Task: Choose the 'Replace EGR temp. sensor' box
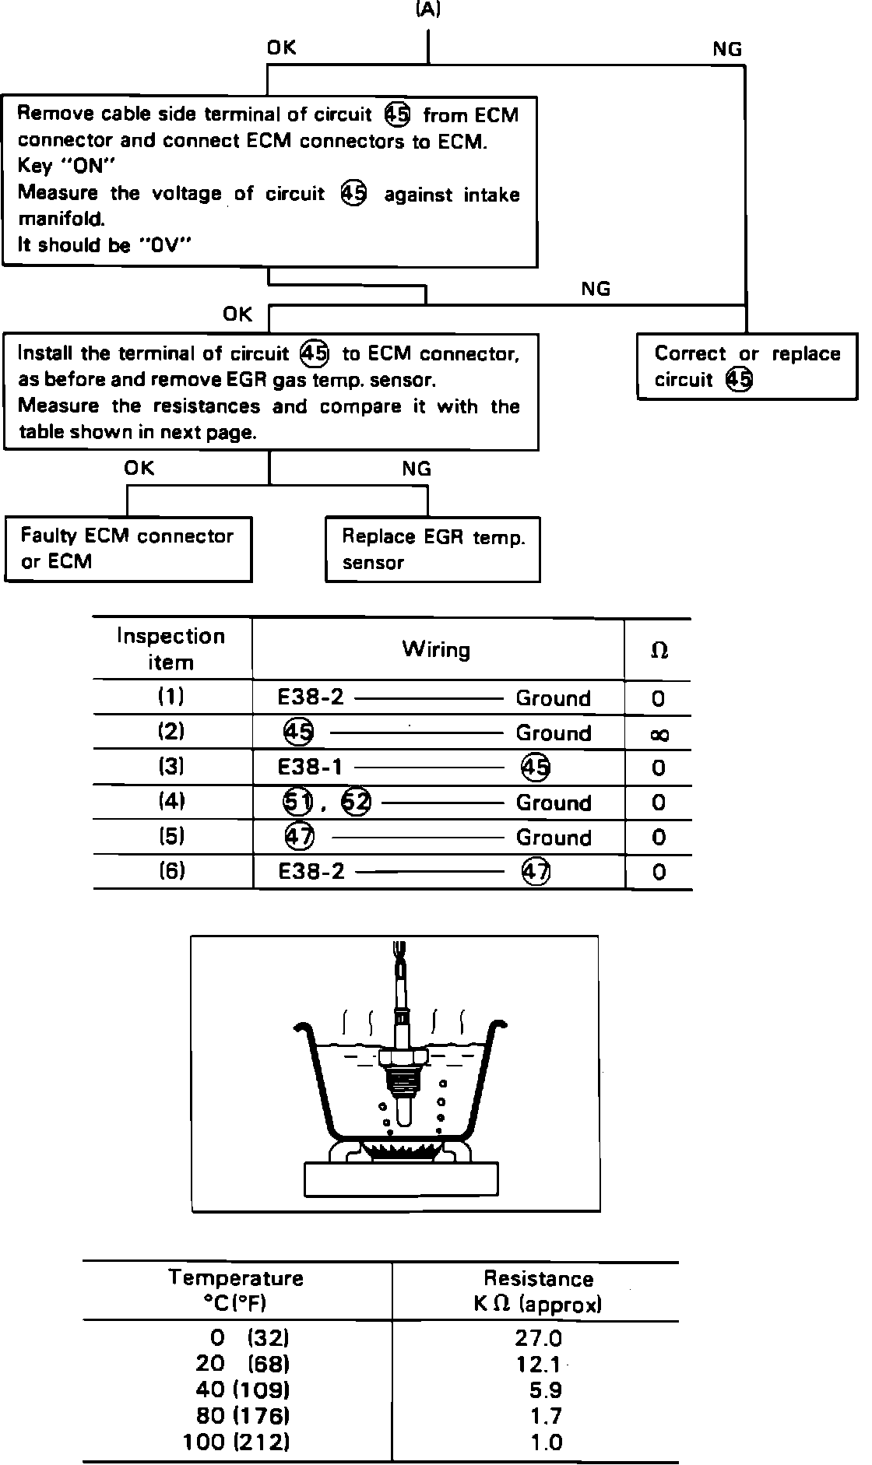click(x=433, y=550)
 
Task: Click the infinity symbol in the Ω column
click(x=659, y=734)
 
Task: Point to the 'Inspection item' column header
click(x=171, y=649)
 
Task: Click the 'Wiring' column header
click(x=436, y=649)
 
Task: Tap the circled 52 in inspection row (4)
click(x=357, y=802)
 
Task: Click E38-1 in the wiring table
click(x=310, y=768)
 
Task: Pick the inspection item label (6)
click(x=171, y=870)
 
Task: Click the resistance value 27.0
click(x=538, y=1338)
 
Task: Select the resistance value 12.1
click(x=538, y=1364)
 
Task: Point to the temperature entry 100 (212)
click(x=237, y=1442)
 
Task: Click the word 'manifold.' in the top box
click(x=62, y=220)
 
